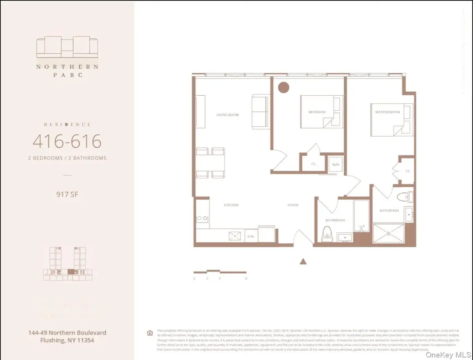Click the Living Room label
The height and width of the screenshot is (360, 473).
[x=227, y=115]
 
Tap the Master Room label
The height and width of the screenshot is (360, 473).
[x=387, y=112]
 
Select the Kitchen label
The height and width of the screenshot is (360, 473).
[x=231, y=205]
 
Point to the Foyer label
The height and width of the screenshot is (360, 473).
[x=292, y=205]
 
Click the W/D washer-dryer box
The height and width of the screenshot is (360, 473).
[x=336, y=164]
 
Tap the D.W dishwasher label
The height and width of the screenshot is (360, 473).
[x=250, y=237]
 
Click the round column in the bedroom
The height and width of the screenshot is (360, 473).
[x=283, y=87]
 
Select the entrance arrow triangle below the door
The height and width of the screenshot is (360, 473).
[x=303, y=261]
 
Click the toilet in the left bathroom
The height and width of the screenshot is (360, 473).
[x=327, y=234]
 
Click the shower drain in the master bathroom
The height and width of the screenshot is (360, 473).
[x=389, y=234]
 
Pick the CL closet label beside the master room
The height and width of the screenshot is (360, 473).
[x=408, y=171]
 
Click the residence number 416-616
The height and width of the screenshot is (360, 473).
[x=67, y=141]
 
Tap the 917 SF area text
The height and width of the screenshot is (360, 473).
[x=67, y=194]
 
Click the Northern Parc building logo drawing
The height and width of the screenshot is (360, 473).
[x=67, y=47]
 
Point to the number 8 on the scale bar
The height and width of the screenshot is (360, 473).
[x=246, y=278]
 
